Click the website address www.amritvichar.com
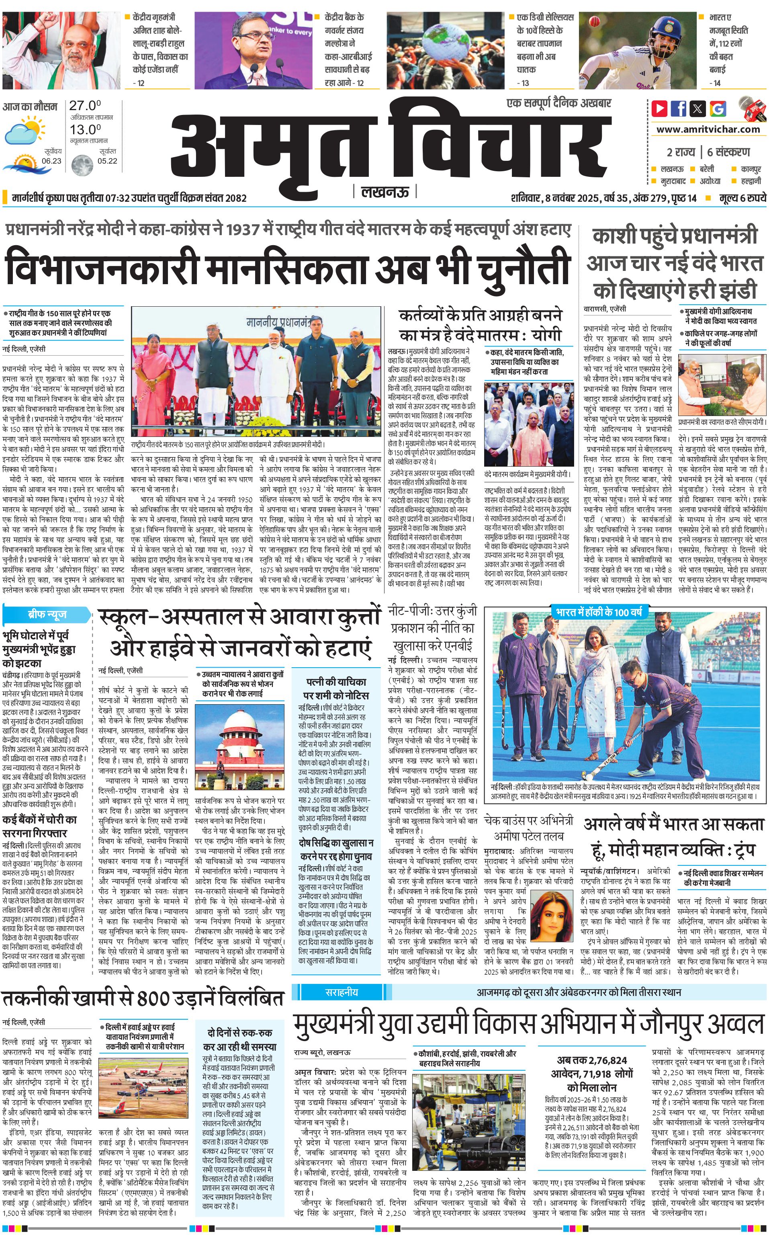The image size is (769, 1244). pyautogui.click(x=708, y=129)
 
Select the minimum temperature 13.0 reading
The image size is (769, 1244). pyautogui.click(x=84, y=129)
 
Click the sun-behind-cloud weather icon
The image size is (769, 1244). pyautogui.click(x=25, y=130)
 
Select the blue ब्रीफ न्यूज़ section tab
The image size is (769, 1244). pyautogui.click(x=47, y=614)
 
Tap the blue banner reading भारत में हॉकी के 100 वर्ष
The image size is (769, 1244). pyautogui.click(x=599, y=612)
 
